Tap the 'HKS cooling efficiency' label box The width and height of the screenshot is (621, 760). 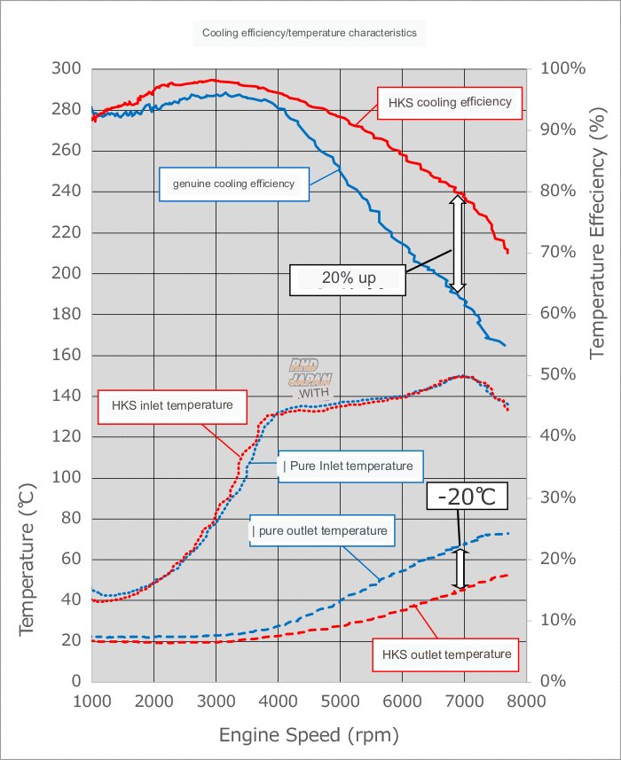click(x=449, y=102)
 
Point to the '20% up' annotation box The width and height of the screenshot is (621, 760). click(x=348, y=278)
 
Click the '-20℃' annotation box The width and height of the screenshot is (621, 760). click(x=467, y=497)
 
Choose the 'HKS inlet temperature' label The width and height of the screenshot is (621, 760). click(x=172, y=405)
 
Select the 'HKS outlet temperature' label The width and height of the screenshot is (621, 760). click(x=447, y=654)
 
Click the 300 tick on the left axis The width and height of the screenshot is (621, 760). click(x=67, y=69)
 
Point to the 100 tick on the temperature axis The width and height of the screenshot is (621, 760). click(x=67, y=478)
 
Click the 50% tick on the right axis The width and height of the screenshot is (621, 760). click(x=554, y=375)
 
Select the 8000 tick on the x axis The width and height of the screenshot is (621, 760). click(x=528, y=701)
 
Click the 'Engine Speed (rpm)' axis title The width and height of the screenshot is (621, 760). click(x=310, y=735)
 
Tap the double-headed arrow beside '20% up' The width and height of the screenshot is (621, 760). click(x=457, y=244)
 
